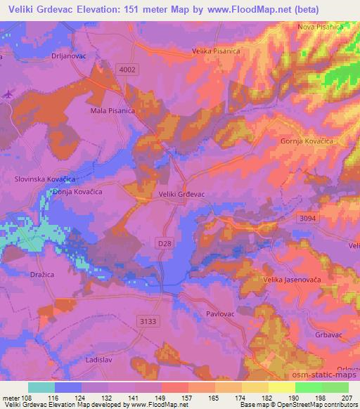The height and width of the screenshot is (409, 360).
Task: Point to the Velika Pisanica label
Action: pyautogui.click(x=216, y=51)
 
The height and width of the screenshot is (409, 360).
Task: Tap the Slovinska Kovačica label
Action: pyautogui.click(x=44, y=179)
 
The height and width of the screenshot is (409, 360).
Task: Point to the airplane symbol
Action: pyautogui.click(x=8, y=93)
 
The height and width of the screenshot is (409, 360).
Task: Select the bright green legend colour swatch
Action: pyautogui.click(x=308, y=387)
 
